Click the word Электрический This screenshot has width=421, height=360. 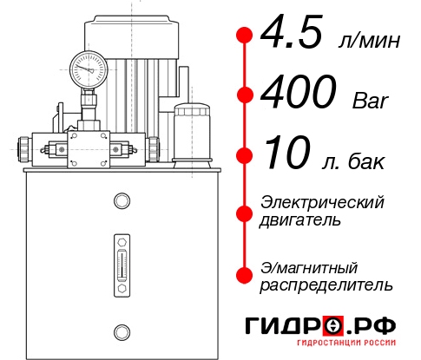(322, 202)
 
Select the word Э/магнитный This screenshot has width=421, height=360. (310, 266)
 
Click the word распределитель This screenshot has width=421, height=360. (326, 284)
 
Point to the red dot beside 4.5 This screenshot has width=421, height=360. (245, 36)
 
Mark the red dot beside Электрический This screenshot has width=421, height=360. (245, 212)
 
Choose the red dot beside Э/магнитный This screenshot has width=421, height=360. (245, 275)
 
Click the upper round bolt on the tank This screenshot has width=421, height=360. (121, 202)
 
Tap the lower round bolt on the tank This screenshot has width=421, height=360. (121, 331)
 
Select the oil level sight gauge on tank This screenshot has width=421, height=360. (121, 261)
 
